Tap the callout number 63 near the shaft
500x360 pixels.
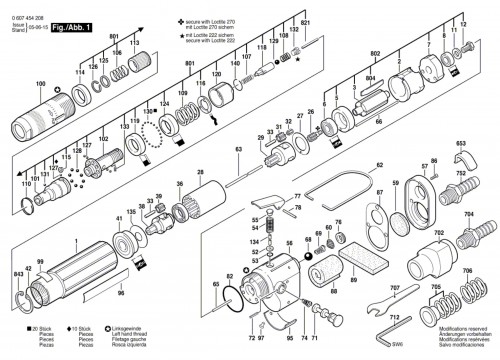[x=239, y=149]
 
